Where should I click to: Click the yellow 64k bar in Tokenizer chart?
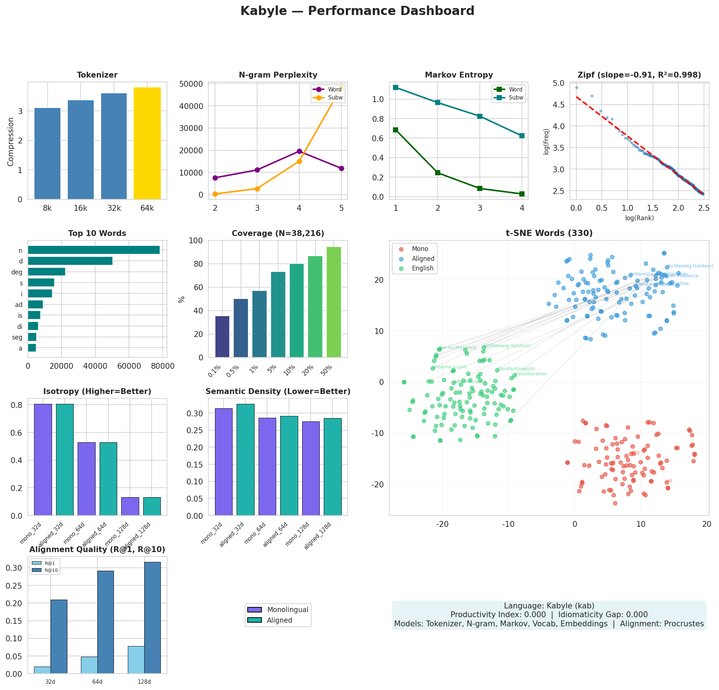147,143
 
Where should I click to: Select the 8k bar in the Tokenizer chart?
47,154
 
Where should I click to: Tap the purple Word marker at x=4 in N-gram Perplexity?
299,151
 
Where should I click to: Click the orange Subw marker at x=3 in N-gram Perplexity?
257,189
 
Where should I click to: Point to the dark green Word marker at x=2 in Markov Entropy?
438,173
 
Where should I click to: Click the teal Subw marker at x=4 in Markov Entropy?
522,136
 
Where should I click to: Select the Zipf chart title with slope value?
639,75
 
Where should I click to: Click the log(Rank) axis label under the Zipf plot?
640,218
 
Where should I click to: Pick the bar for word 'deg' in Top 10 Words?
47,272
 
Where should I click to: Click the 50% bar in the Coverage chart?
333,302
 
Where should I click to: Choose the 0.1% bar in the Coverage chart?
222,336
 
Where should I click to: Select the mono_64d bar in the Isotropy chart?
86,479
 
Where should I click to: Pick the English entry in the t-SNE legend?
422,268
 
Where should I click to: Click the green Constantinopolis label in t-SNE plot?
516,369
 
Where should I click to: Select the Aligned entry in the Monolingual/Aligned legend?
279,620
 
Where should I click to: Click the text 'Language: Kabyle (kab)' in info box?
549,606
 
